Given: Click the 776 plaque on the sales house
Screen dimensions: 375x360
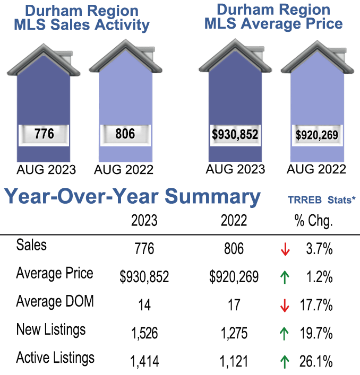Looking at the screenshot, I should click(x=44, y=134).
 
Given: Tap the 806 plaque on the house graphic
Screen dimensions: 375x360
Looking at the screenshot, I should click(x=125, y=134).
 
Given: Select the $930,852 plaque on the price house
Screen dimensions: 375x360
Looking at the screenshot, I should click(x=235, y=134).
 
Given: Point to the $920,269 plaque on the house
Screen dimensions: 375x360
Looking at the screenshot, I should click(x=316, y=135).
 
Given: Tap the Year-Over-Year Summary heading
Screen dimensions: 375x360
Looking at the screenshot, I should click(x=133, y=197).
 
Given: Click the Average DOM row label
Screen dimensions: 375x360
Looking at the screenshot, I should click(x=55, y=302).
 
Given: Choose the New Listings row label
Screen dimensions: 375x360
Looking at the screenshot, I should click(x=51, y=330).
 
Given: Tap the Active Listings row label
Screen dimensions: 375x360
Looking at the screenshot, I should click(x=55, y=358).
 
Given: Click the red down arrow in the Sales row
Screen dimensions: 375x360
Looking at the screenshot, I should click(x=285, y=248).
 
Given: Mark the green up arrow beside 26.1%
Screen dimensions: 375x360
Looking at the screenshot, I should click(x=285, y=362).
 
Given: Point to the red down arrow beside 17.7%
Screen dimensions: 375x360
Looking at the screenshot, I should click(x=285, y=305).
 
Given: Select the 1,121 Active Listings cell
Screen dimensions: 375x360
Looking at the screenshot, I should click(x=234, y=362).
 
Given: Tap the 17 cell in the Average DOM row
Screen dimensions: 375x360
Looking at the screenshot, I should click(x=234, y=305).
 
